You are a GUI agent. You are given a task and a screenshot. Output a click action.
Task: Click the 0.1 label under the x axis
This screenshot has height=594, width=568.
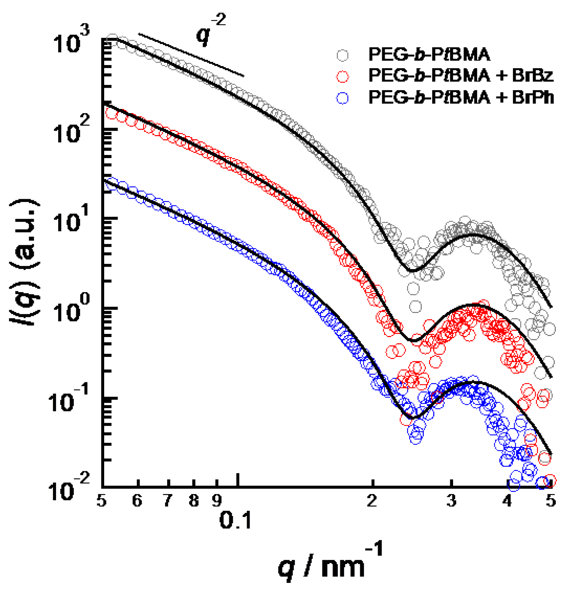point(235,521)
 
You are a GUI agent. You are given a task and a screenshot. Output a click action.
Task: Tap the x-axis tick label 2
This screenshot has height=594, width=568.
point(372,501)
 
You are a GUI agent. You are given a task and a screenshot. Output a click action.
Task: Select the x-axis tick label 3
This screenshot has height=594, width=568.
point(451,501)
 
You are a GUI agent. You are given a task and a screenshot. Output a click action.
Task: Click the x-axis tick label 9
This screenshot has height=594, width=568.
point(217,501)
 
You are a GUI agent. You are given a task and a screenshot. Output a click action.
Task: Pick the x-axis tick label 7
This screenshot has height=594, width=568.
point(168,501)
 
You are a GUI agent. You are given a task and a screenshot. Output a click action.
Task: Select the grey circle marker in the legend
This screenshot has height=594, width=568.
point(343,55)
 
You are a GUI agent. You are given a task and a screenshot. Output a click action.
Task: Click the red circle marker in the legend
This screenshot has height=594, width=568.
point(343,76)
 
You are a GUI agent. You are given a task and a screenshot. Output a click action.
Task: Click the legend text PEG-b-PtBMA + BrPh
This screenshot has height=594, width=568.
point(461,97)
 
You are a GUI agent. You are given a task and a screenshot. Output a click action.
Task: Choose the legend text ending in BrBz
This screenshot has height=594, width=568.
point(461,76)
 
